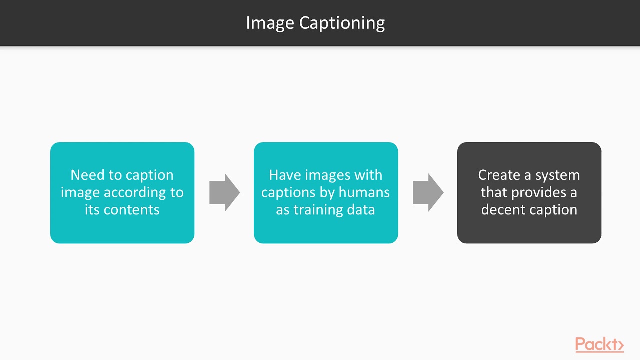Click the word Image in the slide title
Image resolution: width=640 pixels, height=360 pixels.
tap(270, 23)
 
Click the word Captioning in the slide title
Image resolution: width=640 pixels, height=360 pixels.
tap(342, 23)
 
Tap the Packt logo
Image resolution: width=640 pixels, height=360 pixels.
tap(599, 344)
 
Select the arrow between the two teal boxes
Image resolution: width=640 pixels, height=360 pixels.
tap(224, 192)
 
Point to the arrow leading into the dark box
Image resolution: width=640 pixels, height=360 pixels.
tap(428, 192)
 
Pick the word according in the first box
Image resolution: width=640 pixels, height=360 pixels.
tap(132, 192)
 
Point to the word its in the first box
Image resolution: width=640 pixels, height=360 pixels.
tap(92, 209)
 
